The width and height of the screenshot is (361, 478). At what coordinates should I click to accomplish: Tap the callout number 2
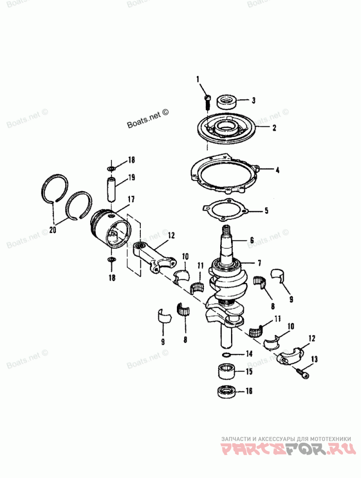coord(273,128)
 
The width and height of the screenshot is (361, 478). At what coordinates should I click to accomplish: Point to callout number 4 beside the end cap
coord(278,170)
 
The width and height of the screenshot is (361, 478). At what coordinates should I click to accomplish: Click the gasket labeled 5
coord(224,210)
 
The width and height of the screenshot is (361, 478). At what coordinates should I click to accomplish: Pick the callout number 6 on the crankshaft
coord(252,240)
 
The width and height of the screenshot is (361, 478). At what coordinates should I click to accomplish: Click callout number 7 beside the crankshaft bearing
coord(259,263)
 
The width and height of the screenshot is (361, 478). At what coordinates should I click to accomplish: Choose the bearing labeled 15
coord(227,372)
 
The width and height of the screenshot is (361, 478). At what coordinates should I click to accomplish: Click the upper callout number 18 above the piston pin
coord(131,160)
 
